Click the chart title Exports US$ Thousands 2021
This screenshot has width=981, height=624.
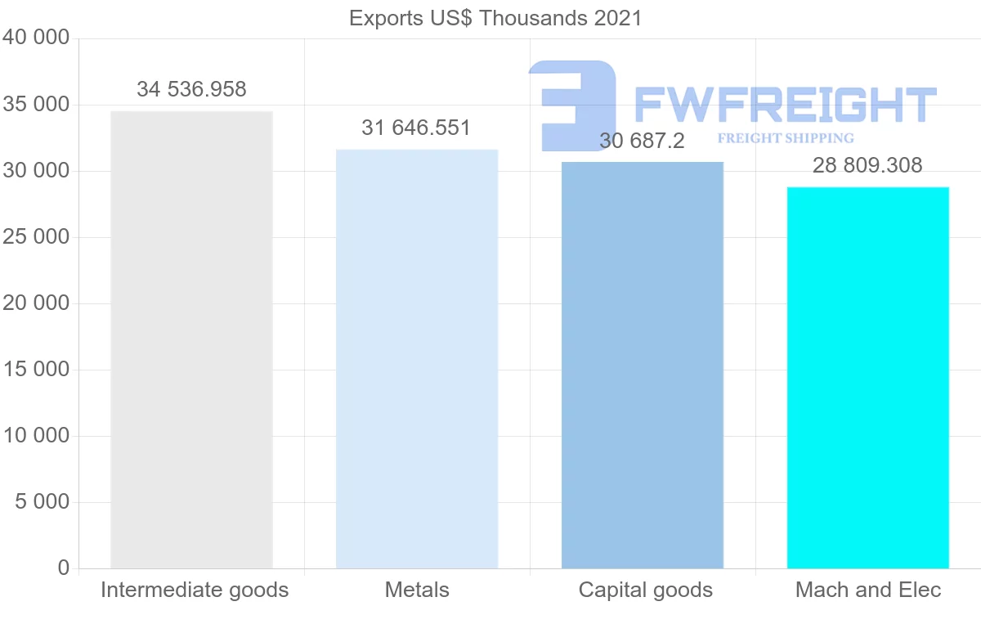pyautogui.click(x=495, y=18)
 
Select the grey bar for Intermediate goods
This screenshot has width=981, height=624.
pyautogui.click(x=191, y=339)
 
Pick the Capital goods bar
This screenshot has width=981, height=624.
pyautogui.click(x=643, y=365)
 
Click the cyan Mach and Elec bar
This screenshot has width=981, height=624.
pyautogui.click(x=867, y=377)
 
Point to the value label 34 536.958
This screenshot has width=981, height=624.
pyautogui.click(x=191, y=89)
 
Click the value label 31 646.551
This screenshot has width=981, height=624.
pyautogui.click(x=416, y=128)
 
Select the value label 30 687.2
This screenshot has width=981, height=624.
pyautogui.click(x=642, y=141)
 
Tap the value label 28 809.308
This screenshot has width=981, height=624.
pyautogui.click(x=867, y=165)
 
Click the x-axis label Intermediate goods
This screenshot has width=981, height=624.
pyautogui.click(x=195, y=590)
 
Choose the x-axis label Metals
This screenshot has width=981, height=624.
pyautogui.click(x=417, y=590)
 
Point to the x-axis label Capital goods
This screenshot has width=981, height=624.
pyautogui.click(x=646, y=590)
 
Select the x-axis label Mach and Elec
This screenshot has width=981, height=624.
pyautogui.click(x=868, y=590)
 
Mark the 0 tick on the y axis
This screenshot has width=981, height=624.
pyautogui.click(x=64, y=568)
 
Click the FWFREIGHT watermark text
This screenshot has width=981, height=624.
pyautogui.click(x=785, y=105)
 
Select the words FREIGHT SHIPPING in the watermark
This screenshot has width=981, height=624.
pyautogui.click(x=786, y=138)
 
